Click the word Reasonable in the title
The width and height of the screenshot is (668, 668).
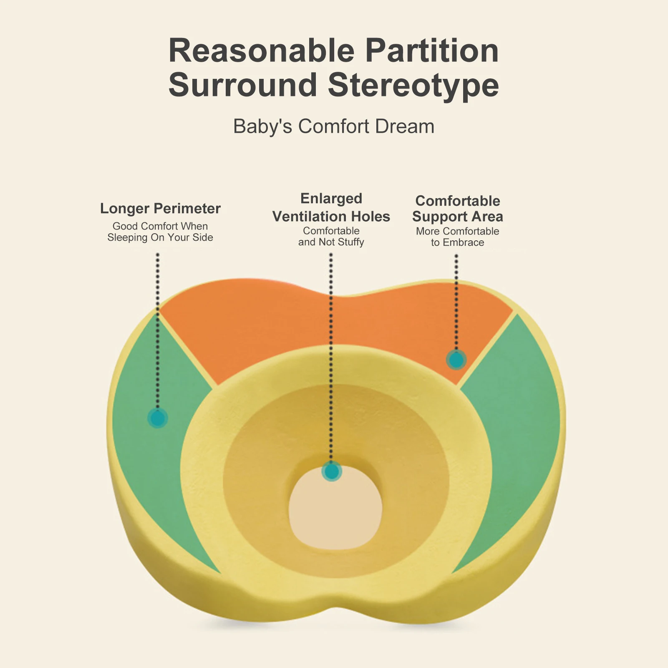point(262,51)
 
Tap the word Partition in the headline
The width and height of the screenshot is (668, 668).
point(432,51)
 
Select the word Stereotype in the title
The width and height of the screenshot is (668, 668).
point(413,86)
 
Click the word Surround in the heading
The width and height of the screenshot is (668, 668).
point(243,85)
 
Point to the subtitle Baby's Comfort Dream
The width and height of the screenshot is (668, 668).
point(334,126)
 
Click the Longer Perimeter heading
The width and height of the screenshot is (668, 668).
point(160,209)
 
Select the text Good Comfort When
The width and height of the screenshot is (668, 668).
point(160,226)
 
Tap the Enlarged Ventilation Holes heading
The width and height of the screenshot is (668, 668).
point(331,207)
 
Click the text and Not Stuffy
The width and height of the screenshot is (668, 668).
point(331,242)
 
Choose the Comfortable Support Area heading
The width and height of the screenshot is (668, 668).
point(458,209)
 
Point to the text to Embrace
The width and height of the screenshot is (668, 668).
point(458,242)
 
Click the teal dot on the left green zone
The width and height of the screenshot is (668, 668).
point(158,418)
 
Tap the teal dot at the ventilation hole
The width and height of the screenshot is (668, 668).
point(332,471)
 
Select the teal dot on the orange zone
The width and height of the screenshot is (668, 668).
point(456,360)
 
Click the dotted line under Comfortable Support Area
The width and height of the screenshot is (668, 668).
point(456,303)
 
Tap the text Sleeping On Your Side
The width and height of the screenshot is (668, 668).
point(160,237)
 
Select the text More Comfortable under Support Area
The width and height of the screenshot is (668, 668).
point(458,231)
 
